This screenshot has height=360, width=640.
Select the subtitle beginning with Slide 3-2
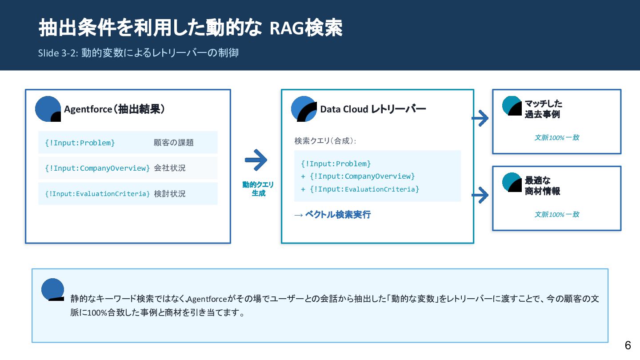(138, 53)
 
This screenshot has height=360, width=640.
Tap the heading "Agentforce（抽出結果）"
(114, 109)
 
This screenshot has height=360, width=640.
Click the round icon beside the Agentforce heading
(48, 109)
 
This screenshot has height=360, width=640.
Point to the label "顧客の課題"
(174, 143)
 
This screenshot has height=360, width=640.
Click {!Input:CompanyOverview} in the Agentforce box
(97, 168)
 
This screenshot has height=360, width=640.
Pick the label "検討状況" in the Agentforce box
(170, 194)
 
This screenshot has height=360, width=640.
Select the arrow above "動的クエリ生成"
(256, 160)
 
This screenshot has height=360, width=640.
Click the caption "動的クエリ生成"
(258, 189)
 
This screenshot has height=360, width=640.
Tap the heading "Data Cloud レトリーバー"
(373, 109)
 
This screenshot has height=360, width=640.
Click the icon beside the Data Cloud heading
(304, 109)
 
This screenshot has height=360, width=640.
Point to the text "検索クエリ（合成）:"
(325, 141)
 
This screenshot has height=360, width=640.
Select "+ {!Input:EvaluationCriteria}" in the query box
(360, 189)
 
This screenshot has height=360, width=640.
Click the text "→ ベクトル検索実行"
(332, 215)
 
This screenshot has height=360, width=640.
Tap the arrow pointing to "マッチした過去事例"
(480, 118)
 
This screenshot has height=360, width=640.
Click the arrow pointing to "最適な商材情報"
(480, 195)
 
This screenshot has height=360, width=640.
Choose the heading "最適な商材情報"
(542, 186)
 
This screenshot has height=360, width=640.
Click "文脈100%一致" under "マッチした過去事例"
(556, 138)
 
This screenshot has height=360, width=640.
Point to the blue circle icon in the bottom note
(53, 289)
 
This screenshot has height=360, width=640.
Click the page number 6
(628, 345)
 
